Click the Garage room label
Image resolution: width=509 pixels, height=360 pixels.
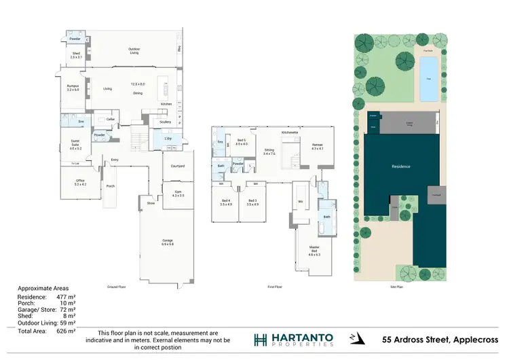pos(168,241)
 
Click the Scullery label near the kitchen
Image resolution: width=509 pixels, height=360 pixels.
pos(165,122)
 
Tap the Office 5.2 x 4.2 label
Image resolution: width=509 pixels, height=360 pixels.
pos(80,182)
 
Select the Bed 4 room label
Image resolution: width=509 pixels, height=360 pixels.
pos(225,202)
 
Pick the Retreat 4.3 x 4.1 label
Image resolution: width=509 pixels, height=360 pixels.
pos(317,147)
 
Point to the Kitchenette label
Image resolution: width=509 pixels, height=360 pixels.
pos(290,132)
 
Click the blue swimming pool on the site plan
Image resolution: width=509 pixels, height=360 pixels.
pos(428,79)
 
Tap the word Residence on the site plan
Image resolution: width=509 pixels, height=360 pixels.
pos(402,166)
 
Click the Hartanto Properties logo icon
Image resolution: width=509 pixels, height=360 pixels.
pos(260,340)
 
